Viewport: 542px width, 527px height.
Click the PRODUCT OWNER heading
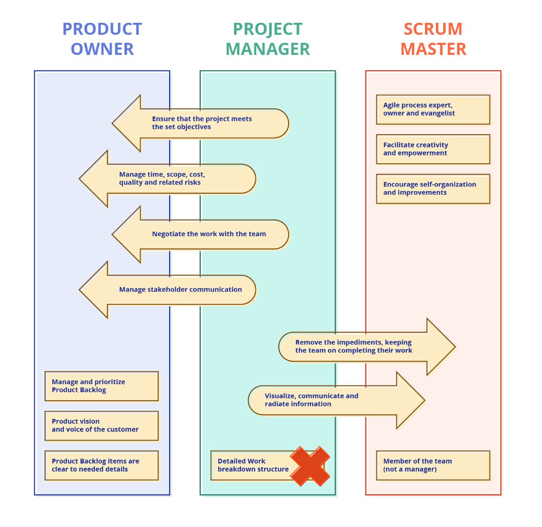pyautogui.click(x=102, y=39)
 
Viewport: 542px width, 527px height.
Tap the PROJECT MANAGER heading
pyautogui.click(x=267, y=39)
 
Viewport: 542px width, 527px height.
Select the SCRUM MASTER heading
pyautogui.click(x=433, y=39)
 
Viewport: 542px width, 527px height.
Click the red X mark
pyautogui.click(x=310, y=466)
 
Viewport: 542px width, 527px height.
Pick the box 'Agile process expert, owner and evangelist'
pyautogui.click(x=433, y=109)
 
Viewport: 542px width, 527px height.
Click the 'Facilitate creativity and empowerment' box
pyautogui.click(x=433, y=149)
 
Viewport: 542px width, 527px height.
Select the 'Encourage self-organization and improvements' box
pyautogui.click(x=433, y=189)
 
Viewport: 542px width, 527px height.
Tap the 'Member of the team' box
pyautogui.click(x=433, y=466)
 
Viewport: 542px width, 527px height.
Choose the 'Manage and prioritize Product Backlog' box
pyautogui.click(x=102, y=386)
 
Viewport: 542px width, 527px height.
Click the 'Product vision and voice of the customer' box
pyautogui.click(x=102, y=426)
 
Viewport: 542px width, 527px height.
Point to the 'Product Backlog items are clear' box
pyautogui.click(x=102, y=466)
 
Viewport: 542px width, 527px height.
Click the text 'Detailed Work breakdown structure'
pyautogui.click(x=253, y=465)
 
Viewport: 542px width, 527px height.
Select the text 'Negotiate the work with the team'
pyautogui.click(x=209, y=234)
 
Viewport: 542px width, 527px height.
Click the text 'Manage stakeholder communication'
pyautogui.click(x=180, y=290)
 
